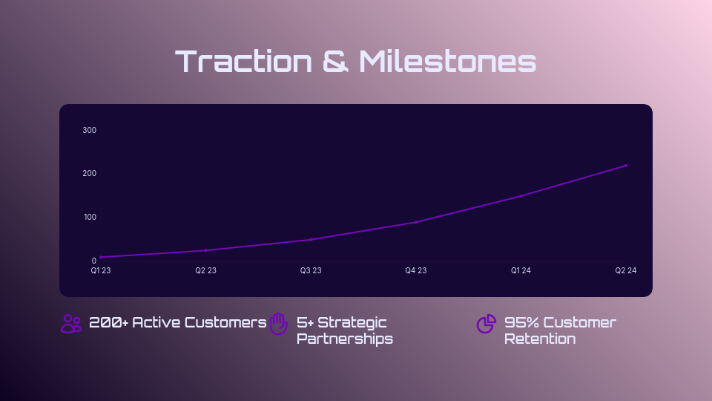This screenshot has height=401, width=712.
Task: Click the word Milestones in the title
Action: click(447, 62)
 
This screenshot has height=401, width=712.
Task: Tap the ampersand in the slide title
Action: click(336, 62)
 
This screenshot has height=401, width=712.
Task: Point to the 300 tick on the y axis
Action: click(90, 130)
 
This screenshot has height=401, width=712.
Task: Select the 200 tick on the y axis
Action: click(90, 174)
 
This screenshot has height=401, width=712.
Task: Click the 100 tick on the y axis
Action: click(90, 217)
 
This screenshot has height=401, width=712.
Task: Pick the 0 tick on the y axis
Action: click(94, 261)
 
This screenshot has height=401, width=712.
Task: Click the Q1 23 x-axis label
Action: click(101, 271)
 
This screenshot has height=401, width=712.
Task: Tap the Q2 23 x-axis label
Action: click(205, 271)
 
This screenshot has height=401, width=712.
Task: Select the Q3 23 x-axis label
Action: click(311, 271)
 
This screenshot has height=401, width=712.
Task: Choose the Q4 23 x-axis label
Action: click(415, 271)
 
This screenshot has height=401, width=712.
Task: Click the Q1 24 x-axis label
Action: click(521, 271)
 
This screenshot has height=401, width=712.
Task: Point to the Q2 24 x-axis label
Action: click(625, 271)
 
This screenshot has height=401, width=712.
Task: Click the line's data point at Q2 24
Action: click(626, 166)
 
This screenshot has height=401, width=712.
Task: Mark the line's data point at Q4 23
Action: click(416, 222)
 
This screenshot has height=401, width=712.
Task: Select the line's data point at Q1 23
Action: click(101, 257)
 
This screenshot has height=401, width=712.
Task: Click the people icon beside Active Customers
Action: click(71, 324)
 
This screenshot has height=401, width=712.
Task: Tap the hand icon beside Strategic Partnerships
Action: click(278, 324)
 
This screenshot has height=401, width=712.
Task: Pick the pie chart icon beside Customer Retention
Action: click(486, 324)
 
